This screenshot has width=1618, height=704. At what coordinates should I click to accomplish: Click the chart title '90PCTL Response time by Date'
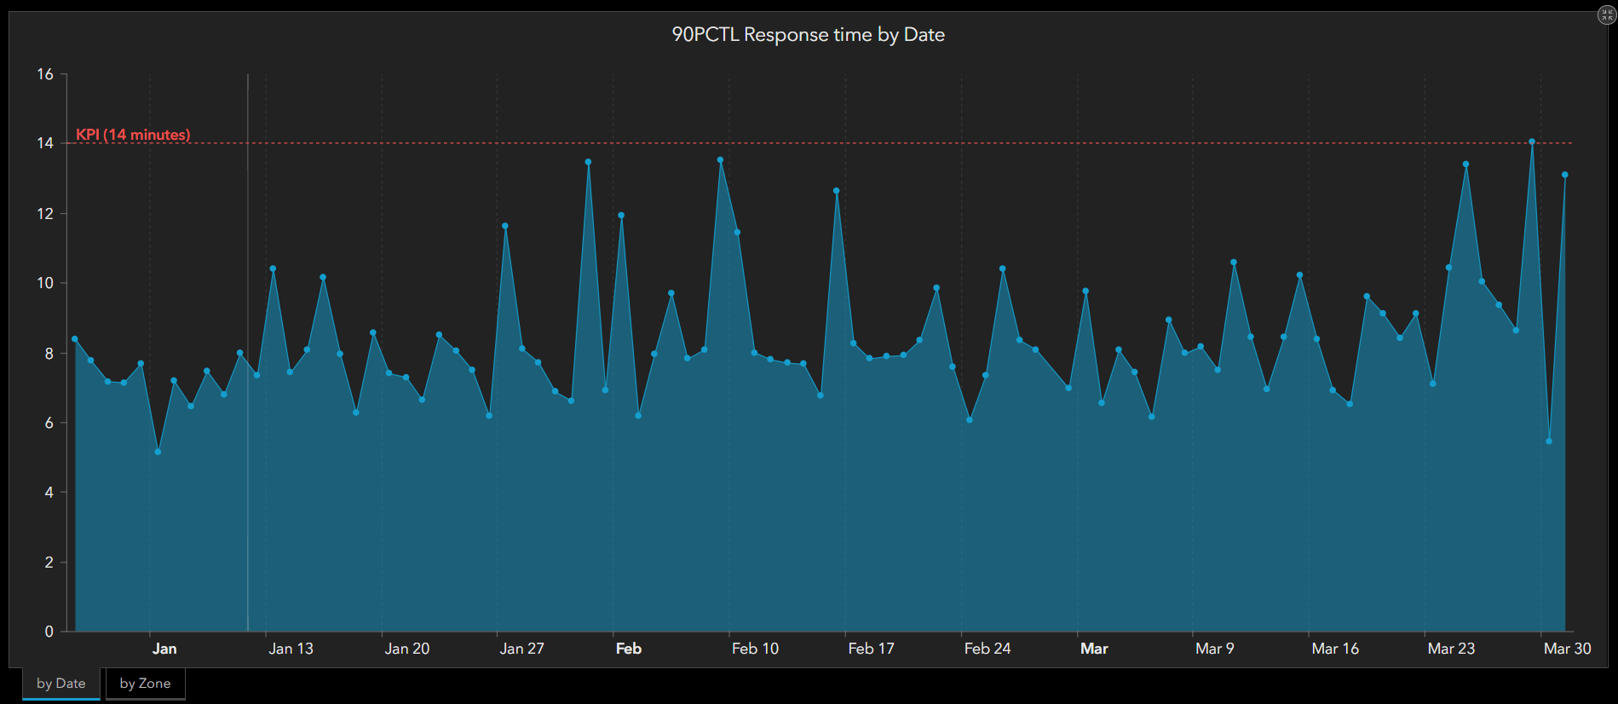(808, 35)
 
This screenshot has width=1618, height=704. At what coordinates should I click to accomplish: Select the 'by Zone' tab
(145, 684)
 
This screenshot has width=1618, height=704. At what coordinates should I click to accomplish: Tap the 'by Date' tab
(61, 684)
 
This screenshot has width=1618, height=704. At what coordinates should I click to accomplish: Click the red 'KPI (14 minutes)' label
(133, 135)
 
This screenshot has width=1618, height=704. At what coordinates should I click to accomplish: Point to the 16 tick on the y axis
(45, 74)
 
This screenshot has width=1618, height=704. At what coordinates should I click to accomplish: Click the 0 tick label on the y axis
(49, 632)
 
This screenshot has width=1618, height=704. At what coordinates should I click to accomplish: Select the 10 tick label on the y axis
(45, 283)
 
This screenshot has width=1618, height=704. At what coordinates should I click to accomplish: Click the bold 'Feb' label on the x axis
(629, 649)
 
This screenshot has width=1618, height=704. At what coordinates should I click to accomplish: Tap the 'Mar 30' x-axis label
(1567, 649)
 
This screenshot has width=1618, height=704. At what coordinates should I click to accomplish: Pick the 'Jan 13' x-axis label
(291, 649)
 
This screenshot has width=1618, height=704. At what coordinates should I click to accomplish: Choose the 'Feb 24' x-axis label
(987, 649)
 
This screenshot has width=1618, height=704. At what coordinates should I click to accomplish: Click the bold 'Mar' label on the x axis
(1094, 649)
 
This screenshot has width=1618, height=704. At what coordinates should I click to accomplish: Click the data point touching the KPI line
(1532, 142)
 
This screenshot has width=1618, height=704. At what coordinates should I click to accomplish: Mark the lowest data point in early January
(158, 452)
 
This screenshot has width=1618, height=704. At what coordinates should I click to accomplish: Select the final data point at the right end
(1565, 175)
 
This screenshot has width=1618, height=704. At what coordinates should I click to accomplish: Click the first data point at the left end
(75, 339)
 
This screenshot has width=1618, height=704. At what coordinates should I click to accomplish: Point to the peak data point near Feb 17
(837, 191)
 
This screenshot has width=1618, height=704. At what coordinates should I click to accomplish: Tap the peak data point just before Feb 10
(720, 159)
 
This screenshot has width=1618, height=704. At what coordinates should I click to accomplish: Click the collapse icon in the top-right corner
(1606, 14)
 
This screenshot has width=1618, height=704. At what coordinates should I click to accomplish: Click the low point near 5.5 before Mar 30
(1549, 441)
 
